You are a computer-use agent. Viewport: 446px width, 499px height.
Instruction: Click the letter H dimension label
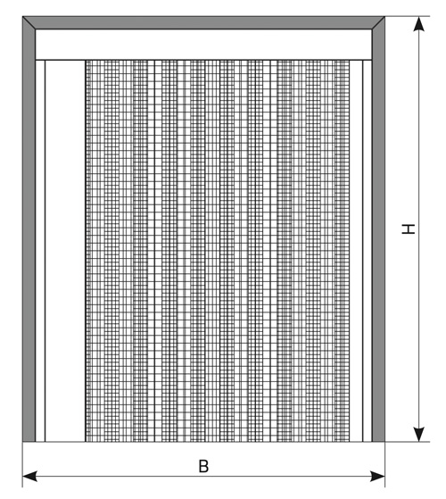coord(409,229)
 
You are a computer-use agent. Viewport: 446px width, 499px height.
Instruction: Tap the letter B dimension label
coord(203,467)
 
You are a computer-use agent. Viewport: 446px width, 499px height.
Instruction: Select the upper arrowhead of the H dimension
coord(419,23)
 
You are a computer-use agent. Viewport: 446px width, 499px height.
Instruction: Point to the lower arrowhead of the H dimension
coord(419,435)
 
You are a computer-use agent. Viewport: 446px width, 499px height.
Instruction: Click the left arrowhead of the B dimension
coord(29,477)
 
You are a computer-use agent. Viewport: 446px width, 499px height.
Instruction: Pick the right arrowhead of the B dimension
coord(377,477)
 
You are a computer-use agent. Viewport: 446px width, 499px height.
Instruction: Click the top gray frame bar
coord(203,22)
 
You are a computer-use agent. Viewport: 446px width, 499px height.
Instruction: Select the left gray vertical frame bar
coord(29,229)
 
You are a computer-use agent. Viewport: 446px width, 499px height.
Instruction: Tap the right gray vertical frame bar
coord(378,229)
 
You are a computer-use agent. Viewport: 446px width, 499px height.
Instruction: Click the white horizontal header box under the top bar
coord(203,45)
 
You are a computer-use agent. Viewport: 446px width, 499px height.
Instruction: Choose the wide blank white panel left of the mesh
coord(65,251)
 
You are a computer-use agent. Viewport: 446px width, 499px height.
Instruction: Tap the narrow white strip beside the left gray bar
coord(40,251)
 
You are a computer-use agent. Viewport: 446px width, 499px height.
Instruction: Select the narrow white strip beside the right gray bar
coord(368,251)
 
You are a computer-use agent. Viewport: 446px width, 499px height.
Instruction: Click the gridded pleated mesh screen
coord(218,251)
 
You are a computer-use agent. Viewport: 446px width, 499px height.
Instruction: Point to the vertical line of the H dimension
coord(419,229)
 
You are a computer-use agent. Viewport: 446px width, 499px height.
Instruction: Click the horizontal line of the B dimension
coord(203,477)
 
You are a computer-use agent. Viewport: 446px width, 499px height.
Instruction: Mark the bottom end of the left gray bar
coord(29,441)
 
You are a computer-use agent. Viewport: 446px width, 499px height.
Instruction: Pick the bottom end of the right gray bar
coord(378,441)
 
